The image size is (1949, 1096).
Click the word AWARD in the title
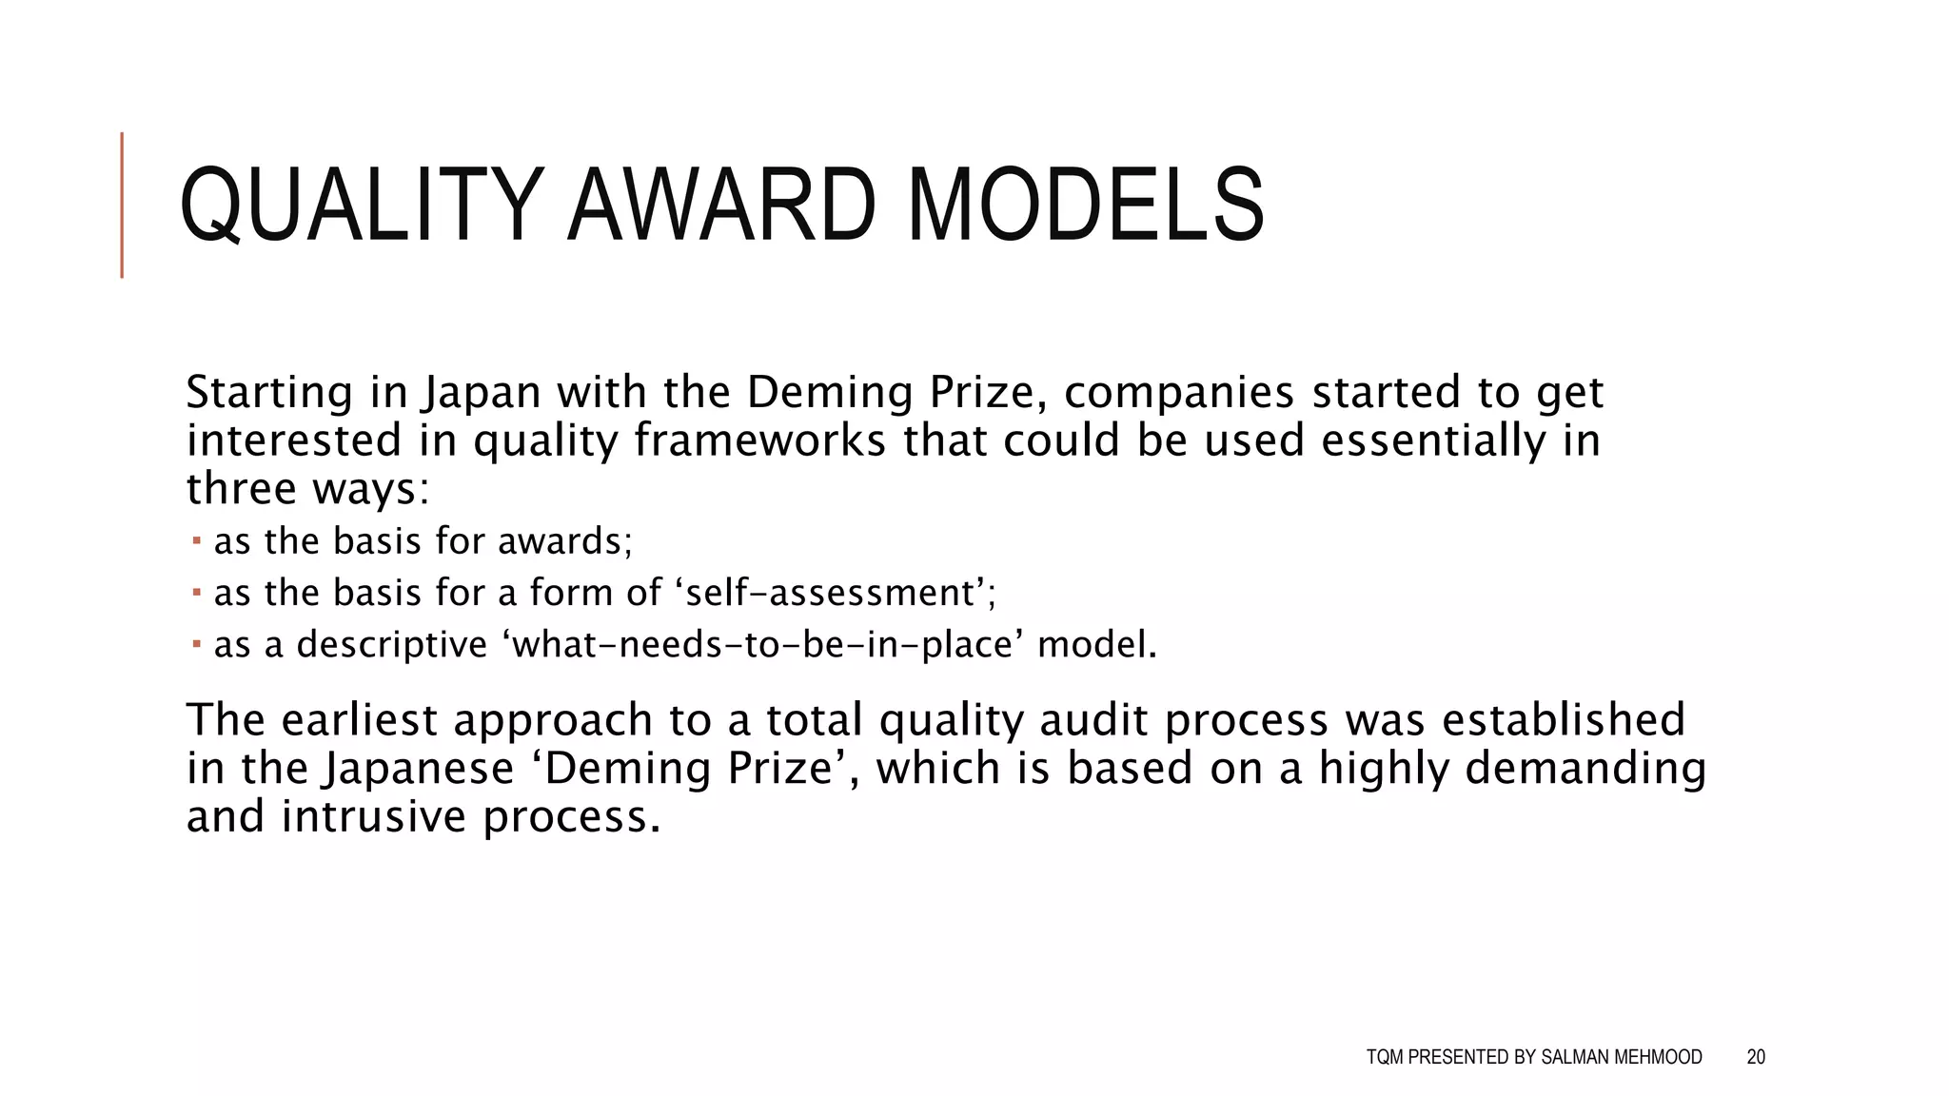720,205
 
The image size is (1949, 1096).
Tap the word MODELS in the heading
1086,205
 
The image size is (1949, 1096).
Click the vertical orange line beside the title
122,205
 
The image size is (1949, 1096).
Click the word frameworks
759,440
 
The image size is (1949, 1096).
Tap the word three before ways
242,489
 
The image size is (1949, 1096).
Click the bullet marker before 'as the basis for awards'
196,541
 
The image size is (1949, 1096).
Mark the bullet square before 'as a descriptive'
196,644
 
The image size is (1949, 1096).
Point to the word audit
1093,720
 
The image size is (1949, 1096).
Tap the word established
1563,720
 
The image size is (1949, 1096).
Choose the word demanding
1585,769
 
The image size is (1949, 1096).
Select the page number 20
1756,1057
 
